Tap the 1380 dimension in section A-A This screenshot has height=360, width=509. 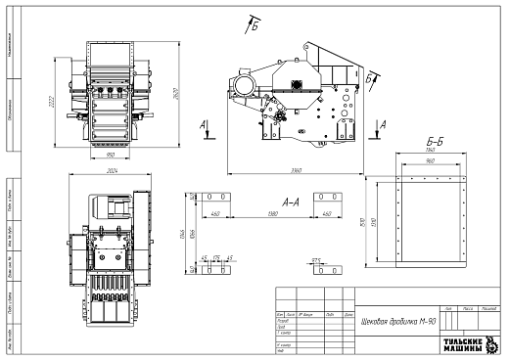pos(270,213)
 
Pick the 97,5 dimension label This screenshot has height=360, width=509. pos(316,258)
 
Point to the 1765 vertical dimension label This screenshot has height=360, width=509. pos(181,235)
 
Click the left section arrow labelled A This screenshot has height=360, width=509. pos(202,129)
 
